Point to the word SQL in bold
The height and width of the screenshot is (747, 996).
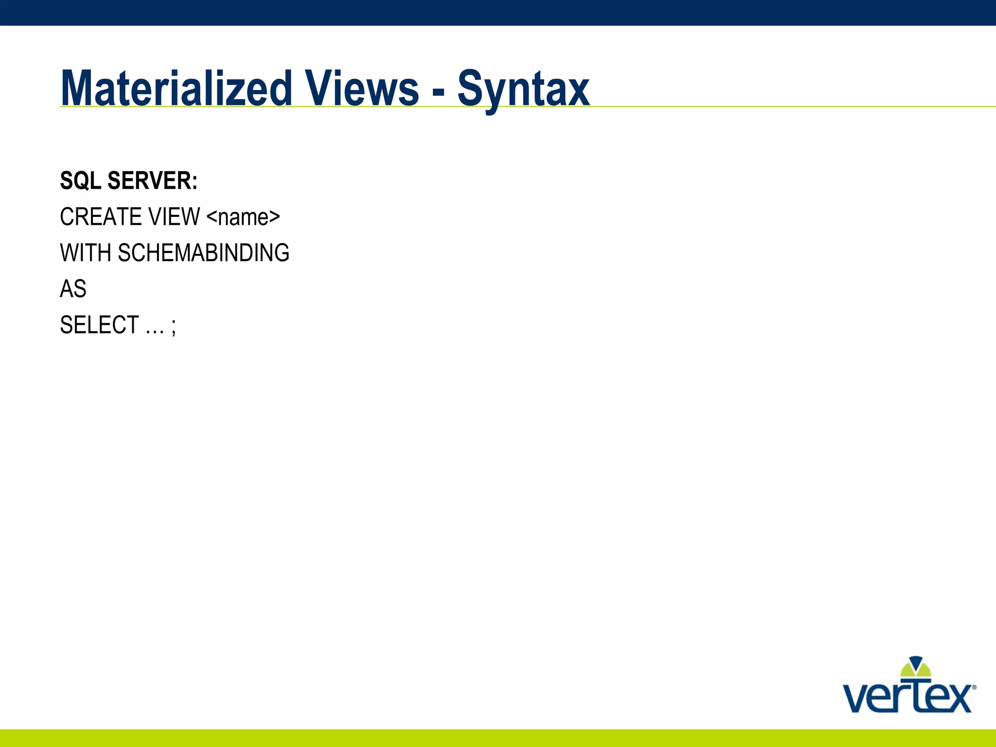[x=81, y=180]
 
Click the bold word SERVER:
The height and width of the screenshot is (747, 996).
[x=152, y=180]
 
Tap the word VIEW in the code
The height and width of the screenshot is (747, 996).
[x=175, y=217]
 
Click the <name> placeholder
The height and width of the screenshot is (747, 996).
[x=243, y=217]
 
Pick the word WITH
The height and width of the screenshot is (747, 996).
[x=86, y=253]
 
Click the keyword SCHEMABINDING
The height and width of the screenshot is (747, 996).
[x=203, y=253]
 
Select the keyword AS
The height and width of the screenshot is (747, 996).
[x=73, y=289]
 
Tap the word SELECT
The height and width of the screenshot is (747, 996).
[x=99, y=325]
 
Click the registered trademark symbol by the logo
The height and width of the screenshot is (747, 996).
[x=974, y=688]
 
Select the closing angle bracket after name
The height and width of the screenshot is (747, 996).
[x=275, y=217]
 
